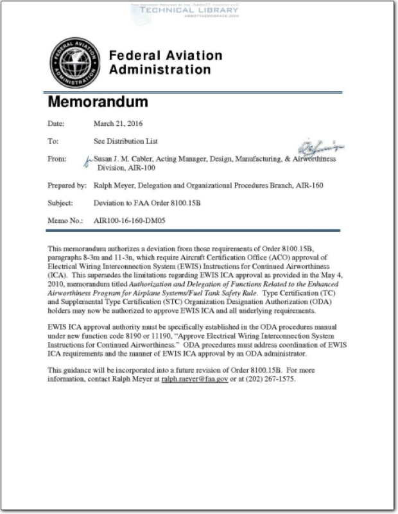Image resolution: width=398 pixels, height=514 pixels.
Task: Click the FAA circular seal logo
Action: coord(75,62)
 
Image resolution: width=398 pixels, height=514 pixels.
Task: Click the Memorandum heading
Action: coord(98,102)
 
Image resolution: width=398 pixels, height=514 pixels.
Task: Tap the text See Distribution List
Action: coord(126,141)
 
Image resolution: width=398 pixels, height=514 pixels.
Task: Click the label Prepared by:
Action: coord(67,186)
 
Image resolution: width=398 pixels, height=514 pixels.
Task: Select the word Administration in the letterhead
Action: coord(160,69)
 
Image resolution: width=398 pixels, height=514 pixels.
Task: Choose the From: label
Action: coord(57,158)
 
